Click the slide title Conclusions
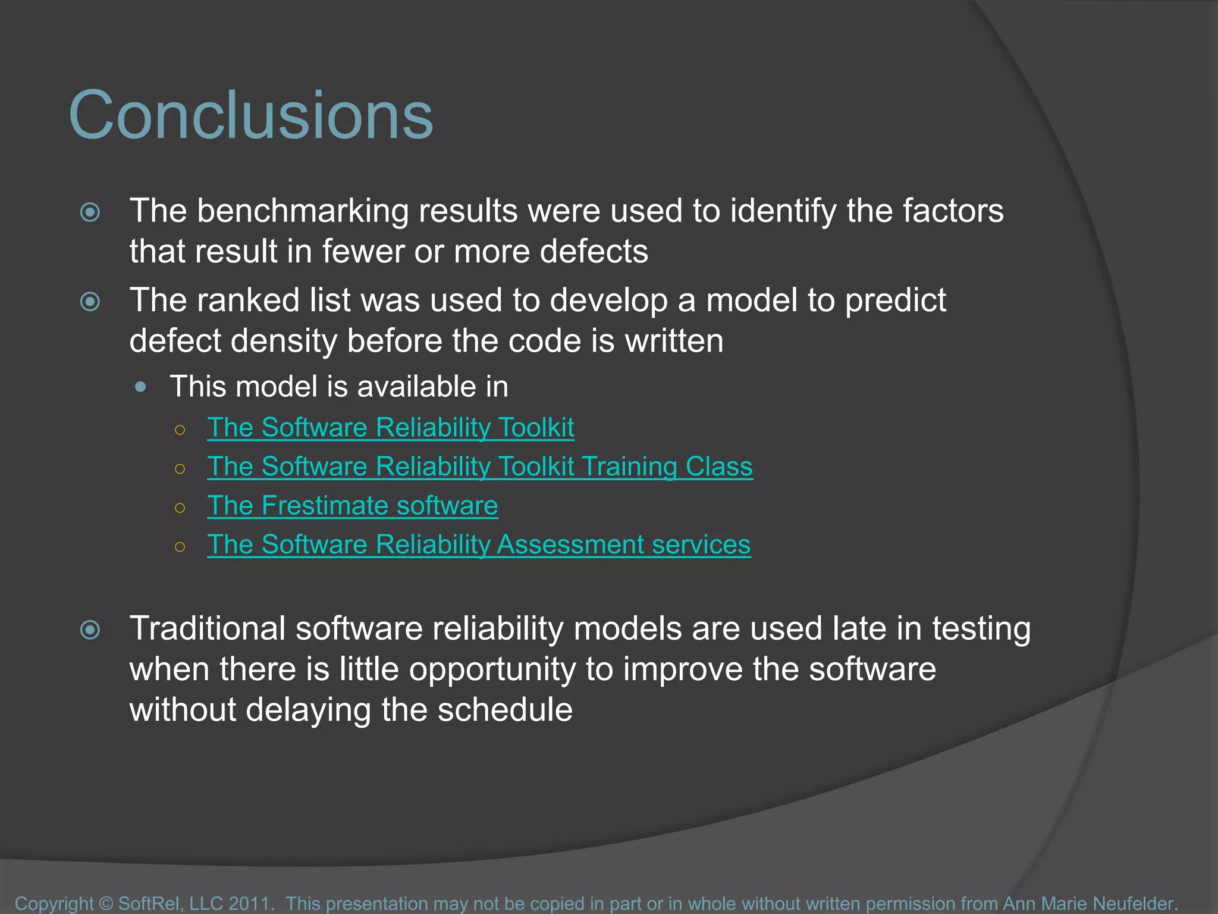[251, 115]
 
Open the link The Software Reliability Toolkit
[390, 428]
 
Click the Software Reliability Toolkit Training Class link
[479, 467]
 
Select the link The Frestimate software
[352, 506]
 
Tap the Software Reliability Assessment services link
[479, 544]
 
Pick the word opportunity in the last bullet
[492, 669]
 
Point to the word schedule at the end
[505, 710]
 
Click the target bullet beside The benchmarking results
[90, 212]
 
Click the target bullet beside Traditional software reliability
[90, 630]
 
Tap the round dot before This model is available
[141, 387]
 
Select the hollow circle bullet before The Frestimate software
[180, 508]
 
